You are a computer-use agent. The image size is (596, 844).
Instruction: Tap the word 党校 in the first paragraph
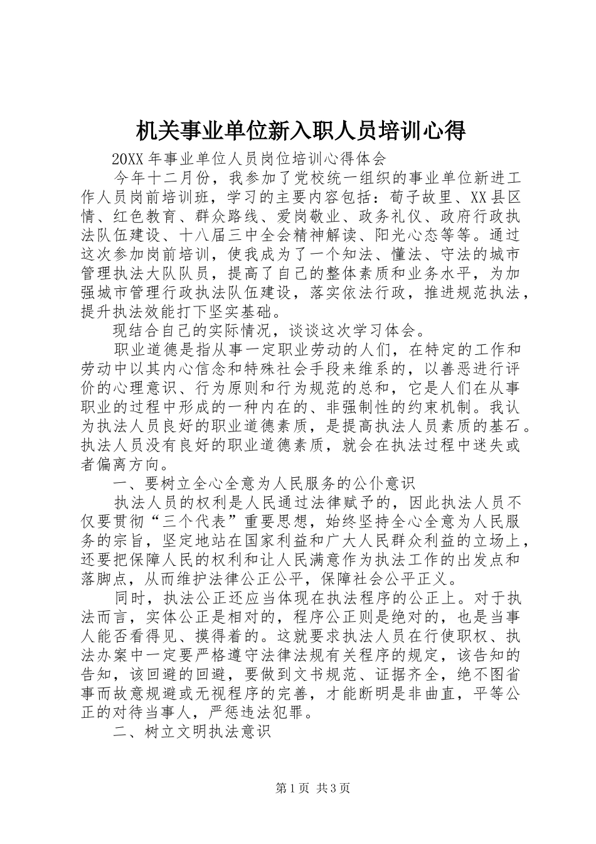[308, 178]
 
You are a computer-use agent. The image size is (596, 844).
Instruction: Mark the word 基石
[504, 425]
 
